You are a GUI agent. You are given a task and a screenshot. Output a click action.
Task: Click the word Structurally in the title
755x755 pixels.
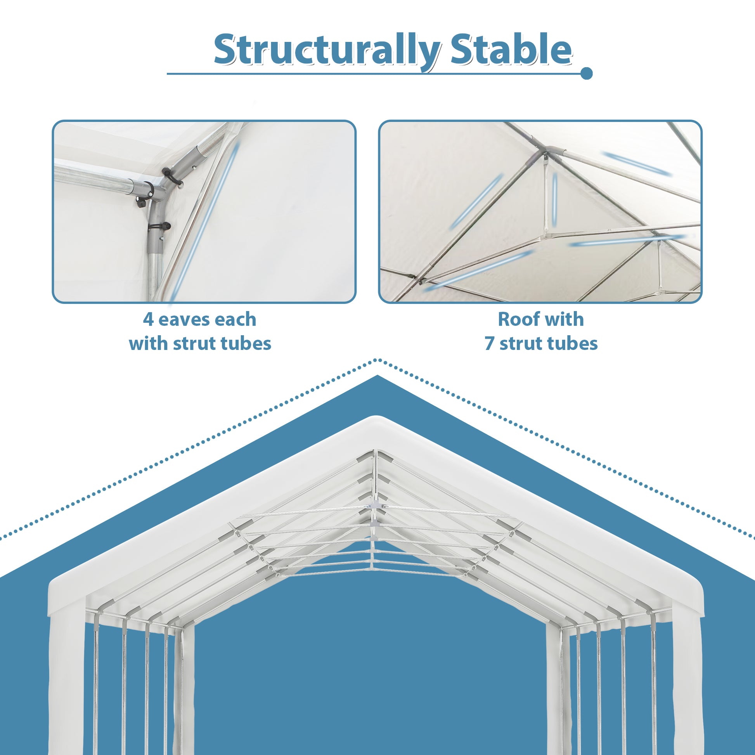click(327, 50)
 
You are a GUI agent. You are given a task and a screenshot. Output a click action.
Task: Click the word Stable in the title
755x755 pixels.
click(511, 50)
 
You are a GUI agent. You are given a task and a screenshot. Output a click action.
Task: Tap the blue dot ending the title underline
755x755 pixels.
click(586, 73)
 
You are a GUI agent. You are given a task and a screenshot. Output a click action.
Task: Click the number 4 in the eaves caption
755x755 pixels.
click(148, 320)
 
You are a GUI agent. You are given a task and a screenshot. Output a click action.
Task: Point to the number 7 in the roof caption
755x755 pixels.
click(490, 344)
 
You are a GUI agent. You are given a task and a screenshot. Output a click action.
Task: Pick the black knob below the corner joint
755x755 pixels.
click(166, 226)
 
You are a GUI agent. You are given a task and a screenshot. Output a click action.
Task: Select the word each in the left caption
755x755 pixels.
click(235, 320)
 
